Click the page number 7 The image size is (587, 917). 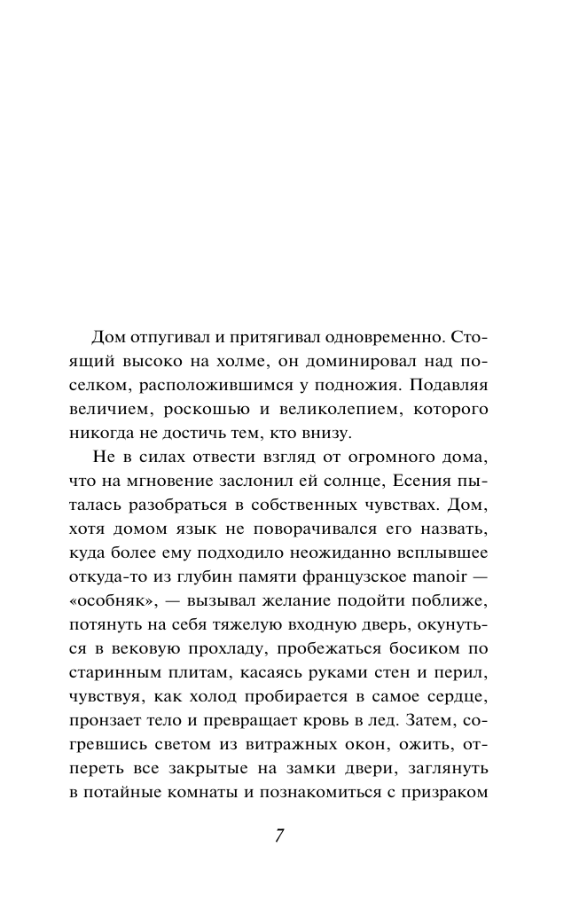pyautogui.click(x=279, y=837)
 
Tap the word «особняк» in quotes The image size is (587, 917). pyautogui.click(x=106, y=600)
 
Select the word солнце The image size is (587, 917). pyautogui.click(x=372, y=505)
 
